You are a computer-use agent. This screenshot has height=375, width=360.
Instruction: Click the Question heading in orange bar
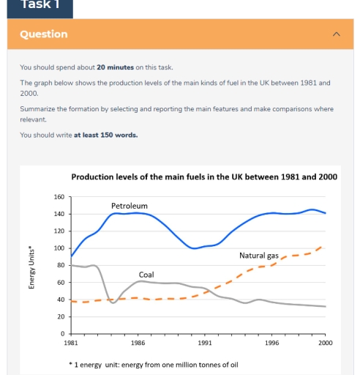pyautogui.click(x=43, y=34)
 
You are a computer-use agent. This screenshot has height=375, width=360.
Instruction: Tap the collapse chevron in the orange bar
pyautogui.click(x=336, y=34)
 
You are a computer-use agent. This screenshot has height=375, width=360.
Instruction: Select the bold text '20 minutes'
pyautogui.click(x=115, y=67)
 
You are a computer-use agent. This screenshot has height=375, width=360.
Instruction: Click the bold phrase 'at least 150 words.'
pyautogui.click(x=105, y=135)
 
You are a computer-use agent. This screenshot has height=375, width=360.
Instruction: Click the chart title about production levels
pyautogui.click(x=203, y=177)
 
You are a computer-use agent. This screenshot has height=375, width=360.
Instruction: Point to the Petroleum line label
pyautogui.click(x=129, y=206)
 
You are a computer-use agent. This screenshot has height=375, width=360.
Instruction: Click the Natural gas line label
pyautogui.click(x=258, y=256)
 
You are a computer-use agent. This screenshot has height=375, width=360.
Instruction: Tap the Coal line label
pyautogui.click(x=146, y=275)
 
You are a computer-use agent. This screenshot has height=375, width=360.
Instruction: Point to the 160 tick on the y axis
pyautogui.click(x=59, y=197)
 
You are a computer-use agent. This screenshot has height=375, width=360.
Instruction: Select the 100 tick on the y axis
pyautogui.click(x=59, y=248)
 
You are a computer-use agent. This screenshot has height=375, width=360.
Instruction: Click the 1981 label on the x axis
pyautogui.click(x=71, y=343)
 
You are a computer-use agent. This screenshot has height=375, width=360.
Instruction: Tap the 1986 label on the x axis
pyautogui.click(x=138, y=343)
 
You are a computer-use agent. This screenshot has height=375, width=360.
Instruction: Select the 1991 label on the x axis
pyautogui.click(x=205, y=343)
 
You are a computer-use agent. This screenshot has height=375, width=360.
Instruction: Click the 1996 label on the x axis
pyautogui.click(x=271, y=343)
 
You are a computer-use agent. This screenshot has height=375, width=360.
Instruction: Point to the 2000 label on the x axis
pyautogui.click(x=325, y=343)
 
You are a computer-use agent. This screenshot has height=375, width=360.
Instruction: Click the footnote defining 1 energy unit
pyautogui.click(x=154, y=365)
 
